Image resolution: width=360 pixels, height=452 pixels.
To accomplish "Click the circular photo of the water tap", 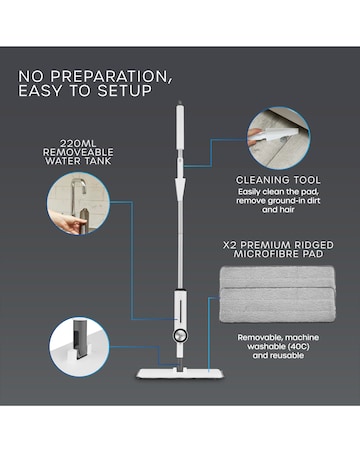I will (78, 207).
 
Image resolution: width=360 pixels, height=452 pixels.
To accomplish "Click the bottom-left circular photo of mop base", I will (81, 347).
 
